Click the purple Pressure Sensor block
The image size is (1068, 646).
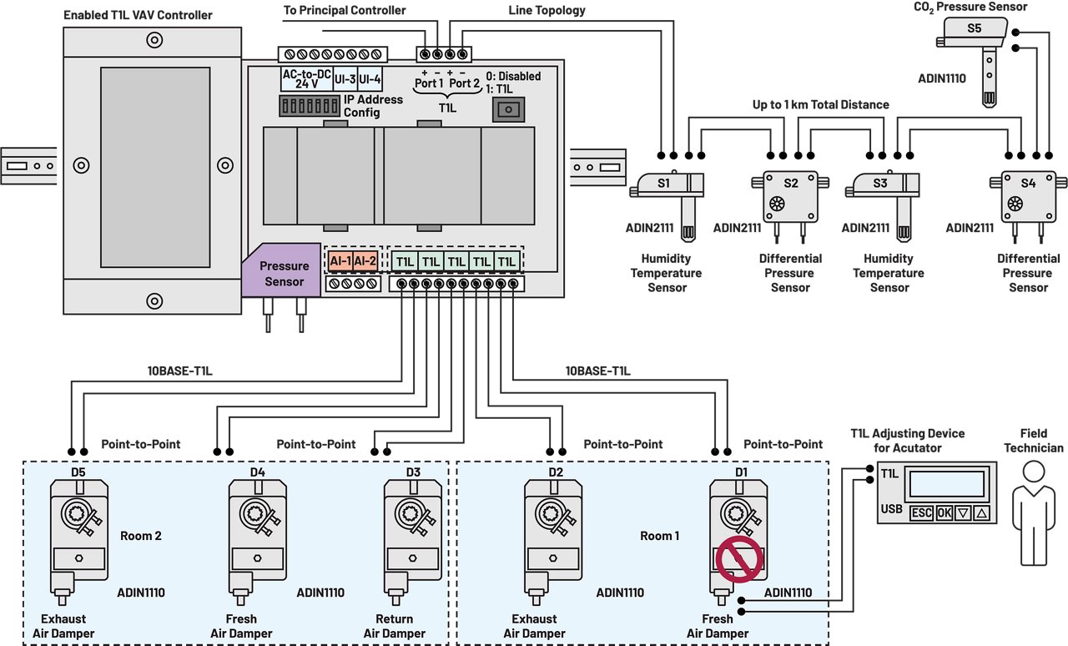[284, 272]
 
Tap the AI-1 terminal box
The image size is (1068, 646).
[340, 261]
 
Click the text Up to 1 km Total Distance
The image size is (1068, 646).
[820, 104]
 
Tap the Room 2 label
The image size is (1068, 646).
[141, 535]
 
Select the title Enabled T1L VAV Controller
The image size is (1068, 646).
[138, 15]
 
